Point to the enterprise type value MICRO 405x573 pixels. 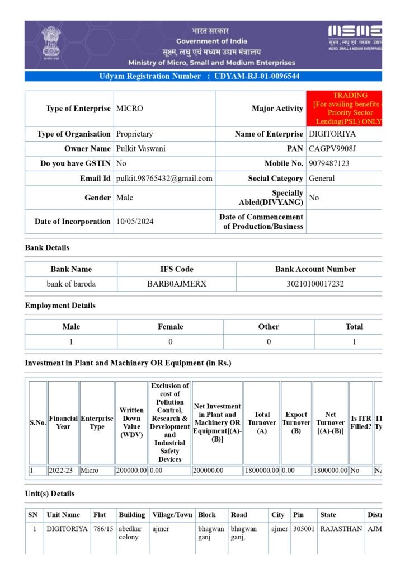point(129,109)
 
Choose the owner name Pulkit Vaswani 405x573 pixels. point(140,149)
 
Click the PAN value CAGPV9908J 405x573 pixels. point(332,149)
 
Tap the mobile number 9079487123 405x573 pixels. point(329,163)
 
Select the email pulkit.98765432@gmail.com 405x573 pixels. point(164,179)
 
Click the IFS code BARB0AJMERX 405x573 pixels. point(177,284)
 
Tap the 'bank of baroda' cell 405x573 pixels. point(71,284)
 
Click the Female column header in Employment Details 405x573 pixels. point(170,327)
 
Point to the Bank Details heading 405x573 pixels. point(47,247)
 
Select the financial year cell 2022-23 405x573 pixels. point(62,471)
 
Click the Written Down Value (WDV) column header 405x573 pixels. point(131,422)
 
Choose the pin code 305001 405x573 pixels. point(303,529)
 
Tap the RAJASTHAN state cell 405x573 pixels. point(341,529)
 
